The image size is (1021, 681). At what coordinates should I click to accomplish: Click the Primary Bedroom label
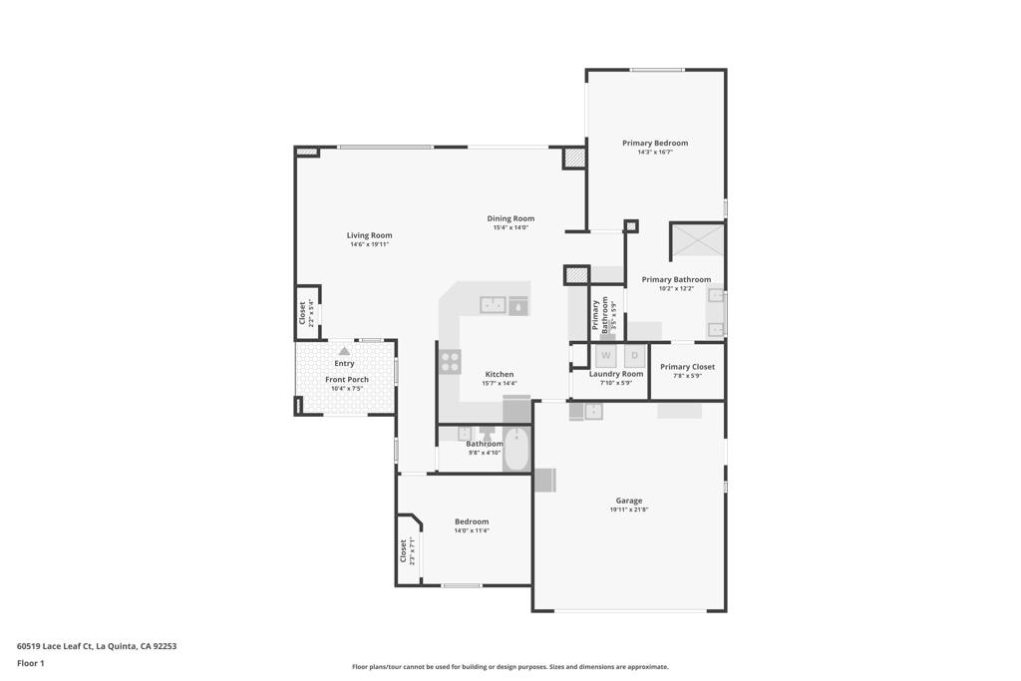pyautogui.click(x=655, y=144)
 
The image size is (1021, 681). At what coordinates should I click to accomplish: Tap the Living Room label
pyautogui.click(x=369, y=235)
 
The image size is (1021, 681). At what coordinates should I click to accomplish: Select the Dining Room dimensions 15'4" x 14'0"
pyautogui.click(x=510, y=228)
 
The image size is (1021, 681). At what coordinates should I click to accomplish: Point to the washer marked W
pyautogui.click(x=605, y=356)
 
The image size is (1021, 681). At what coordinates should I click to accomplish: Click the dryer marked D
pyautogui.click(x=635, y=356)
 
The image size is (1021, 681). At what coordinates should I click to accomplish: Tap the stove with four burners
pyautogui.click(x=450, y=362)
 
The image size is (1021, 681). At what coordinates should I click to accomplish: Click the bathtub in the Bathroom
pyautogui.click(x=517, y=450)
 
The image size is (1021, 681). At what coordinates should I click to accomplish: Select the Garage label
pyautogui.click(x=629, y=501)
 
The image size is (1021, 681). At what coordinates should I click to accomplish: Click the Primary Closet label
pyautogui.click(x=688, y=367)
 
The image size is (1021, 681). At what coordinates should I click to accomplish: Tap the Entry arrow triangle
pyautogui.click(x=344, y=351)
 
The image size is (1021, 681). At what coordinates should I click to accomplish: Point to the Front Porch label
pyautogui.click(x=347, y=380)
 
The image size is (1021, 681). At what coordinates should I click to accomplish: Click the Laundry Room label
pyautogui.click(x=616, y=374)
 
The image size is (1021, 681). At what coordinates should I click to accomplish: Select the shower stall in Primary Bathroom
pyautogui.click(x=697, y=240)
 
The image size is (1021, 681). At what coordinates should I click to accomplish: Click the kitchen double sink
pyautogui.click(x=493, y=304)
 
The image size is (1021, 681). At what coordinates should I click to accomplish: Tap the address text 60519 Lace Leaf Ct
pyautogui.click(x=54, y=646)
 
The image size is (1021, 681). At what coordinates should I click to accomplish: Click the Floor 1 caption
pyautogui.click(x=31, y=663)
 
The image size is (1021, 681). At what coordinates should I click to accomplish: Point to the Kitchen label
pyautogui.click(x=500, y=374)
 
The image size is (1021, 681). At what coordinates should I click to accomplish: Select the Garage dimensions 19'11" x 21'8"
pyautogui.click(x=629, y=510)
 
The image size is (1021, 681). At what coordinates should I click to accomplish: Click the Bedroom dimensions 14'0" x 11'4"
pyautogui.click(x=472, y=530)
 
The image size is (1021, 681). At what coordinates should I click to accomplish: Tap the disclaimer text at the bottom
pyautogui.click(x=510, y=667)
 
